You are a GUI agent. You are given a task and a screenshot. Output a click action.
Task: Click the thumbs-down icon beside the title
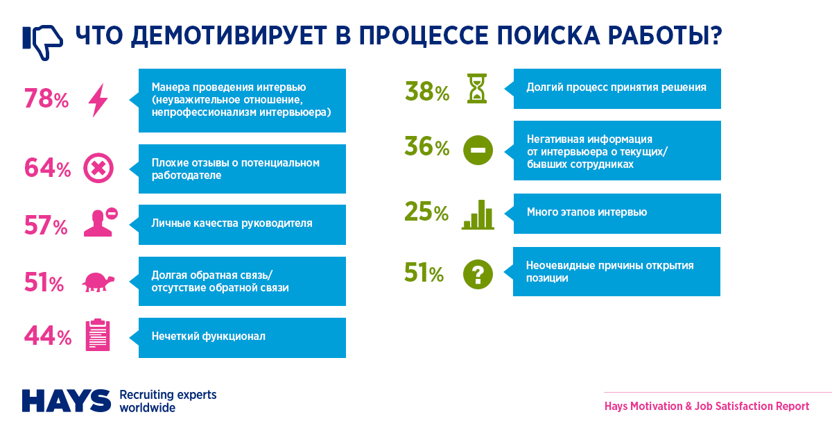click(x=42, y=42)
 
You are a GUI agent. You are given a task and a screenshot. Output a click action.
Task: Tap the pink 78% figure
click(x=46, y=99)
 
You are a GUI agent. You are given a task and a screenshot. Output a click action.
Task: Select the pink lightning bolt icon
click(x=98, y=101)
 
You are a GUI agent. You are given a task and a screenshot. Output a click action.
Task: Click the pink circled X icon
click(x=98, y=168)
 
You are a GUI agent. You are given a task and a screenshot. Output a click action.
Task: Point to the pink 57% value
click(x=46, y=225)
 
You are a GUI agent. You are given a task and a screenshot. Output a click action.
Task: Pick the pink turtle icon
click(x=98, y=282)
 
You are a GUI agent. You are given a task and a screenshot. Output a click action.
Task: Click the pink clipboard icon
click(x=98, y=334)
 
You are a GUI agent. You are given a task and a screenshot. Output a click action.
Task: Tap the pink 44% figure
click(x=48, y=336)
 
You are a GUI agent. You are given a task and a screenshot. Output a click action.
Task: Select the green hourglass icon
click(x=477, y=89)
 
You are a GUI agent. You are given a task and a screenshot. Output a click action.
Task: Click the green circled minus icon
click(x=478, y=151)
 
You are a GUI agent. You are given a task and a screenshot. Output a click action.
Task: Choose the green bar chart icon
click(x=478, y=214)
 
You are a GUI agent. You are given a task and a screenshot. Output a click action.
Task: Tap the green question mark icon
click(x=478, y=274)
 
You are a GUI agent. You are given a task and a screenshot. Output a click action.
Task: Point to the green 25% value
click(x=426, y=212)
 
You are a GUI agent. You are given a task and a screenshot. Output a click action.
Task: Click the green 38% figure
click(x=427, y=92)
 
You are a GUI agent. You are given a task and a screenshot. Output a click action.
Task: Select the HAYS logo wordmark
click(x=67, y=401)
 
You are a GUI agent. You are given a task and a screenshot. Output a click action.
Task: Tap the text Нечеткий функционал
click(x=209, y=336)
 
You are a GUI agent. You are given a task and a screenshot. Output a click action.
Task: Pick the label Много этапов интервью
click(x=587, y=212)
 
